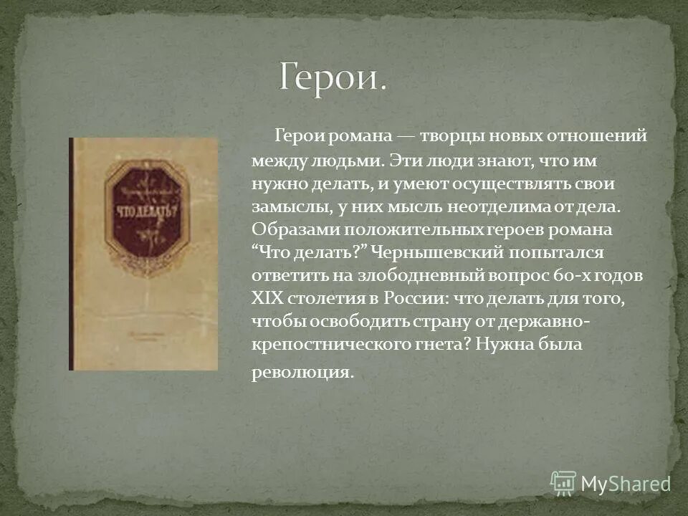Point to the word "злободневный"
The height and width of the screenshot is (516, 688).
tap(416, 276)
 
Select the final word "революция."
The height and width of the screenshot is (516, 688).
tap(302, 373)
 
